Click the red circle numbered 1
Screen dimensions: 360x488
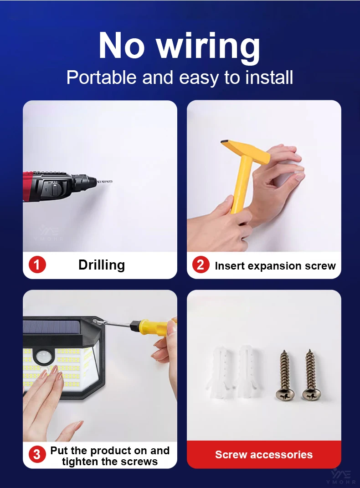pyautogui.click(x=37, y=265)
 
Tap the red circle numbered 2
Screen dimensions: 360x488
pyautogui.click(x=201, y=265)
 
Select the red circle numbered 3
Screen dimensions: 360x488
pyautogui.click(x=37, y=454)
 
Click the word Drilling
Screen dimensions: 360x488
pyautogui.click(x=102, y=265)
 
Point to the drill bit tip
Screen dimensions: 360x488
pyautogui.click(x=112, y=181)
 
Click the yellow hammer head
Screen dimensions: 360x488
pyautogui.click(x=246, y=151)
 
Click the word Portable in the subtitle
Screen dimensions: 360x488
pyautogui.click(x=102, y=78)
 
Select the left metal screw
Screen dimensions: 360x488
pyautogui.click(x=284, y=374)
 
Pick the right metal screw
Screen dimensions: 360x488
pyautogui.click(x=310, y=374)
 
